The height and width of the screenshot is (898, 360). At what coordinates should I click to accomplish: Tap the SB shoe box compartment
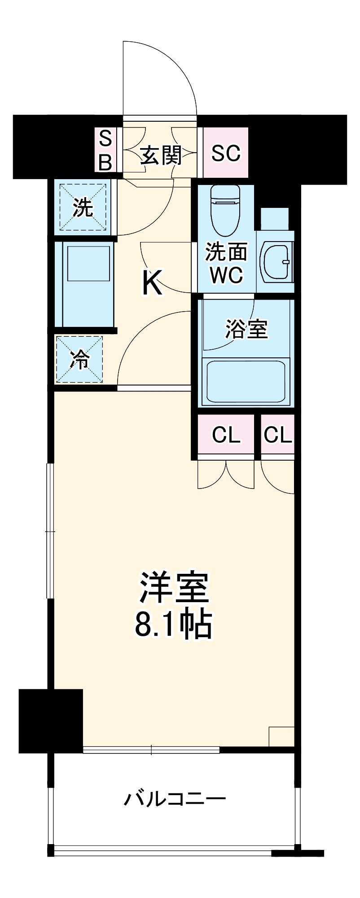tap(105, 150)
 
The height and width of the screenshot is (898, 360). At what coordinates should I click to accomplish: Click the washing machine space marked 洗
tap(83, 207)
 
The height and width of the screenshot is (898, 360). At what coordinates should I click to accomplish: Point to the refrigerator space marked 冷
tap(80, 359)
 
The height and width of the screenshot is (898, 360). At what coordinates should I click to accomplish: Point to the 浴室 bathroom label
tap(246, 329)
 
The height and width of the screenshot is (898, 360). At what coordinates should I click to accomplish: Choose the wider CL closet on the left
tap(226, 435)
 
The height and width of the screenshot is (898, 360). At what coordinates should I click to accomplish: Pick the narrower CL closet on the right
tap(278, 435)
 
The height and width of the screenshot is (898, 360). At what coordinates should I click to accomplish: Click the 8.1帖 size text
tap(173, 624)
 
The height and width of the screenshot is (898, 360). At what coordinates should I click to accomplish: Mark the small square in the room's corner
tap(281, 736)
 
